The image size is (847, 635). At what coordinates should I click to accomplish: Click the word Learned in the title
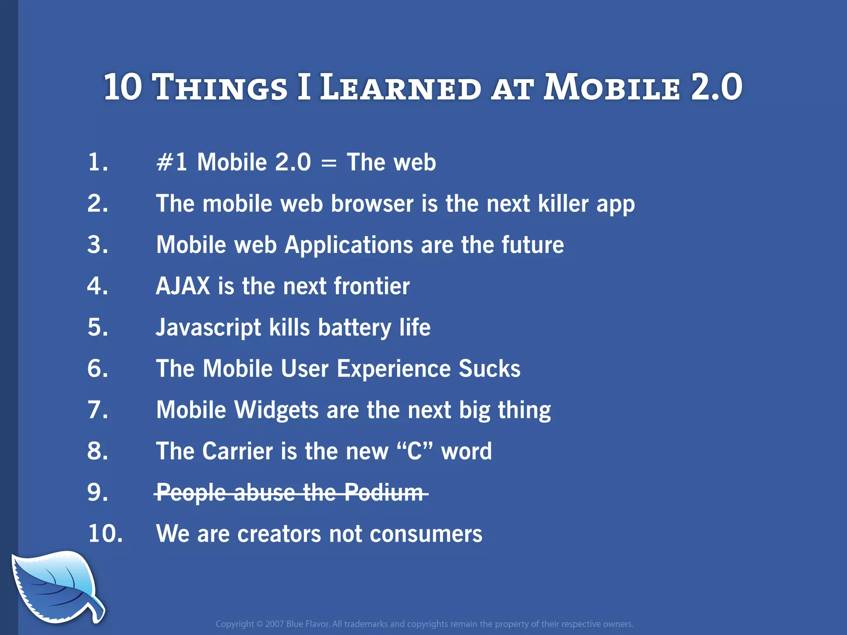(x=400, y=88)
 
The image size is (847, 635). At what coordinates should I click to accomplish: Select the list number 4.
(x=98, y=286)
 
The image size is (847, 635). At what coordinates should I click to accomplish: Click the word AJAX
(x=183, y=286)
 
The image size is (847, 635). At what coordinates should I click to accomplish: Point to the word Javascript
(x=208, y=328)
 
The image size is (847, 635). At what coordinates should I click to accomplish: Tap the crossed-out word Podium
(x=384, y=493)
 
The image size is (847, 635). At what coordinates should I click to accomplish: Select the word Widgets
(x=276, y=410)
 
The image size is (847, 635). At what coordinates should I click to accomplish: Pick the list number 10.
(x=105, y=533)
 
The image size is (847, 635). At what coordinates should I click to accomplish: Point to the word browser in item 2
(x=372, y=204)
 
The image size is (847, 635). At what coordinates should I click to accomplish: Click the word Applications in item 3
(x=349, y=245)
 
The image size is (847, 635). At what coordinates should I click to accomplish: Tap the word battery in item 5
(x=354, y=328)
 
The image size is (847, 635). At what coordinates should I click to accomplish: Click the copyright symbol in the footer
(x=259, y=624)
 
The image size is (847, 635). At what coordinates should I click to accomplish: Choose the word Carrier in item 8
(x=237, y=451)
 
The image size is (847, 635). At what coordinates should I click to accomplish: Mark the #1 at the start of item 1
(x=172, y=162)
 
